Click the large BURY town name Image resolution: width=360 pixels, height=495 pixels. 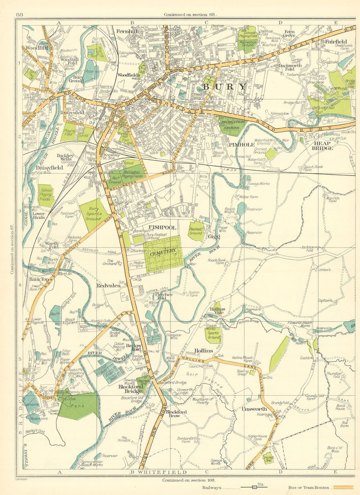click(x=225, y=87)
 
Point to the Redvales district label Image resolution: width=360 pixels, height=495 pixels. click(x=108, y=285)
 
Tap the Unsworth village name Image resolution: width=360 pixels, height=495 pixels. click(x=254, y=409)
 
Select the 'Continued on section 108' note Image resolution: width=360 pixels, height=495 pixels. click(x=189, y=480)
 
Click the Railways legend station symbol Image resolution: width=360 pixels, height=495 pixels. click(x=255, y=488)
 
